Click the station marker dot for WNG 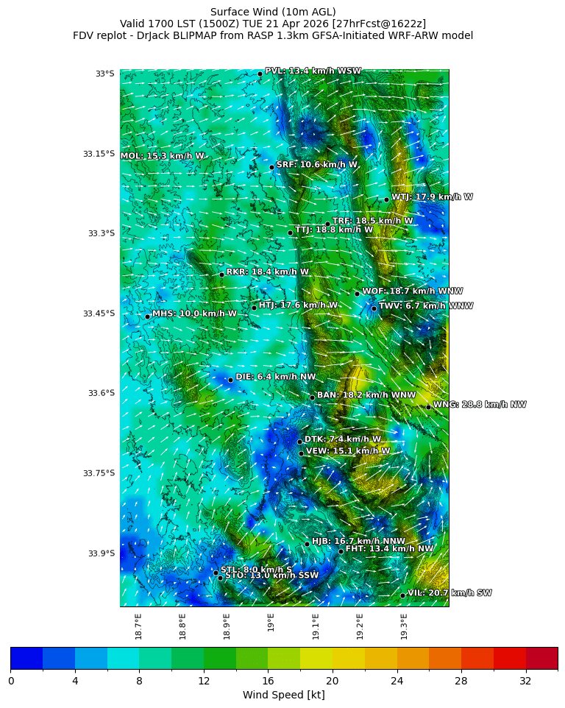coord(428,407)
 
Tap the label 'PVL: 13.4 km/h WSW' coord(313,71)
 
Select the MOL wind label coord(162,156)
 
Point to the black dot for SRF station coord(271,167)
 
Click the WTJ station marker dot coord(386,199)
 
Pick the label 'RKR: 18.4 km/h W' coord(267,272)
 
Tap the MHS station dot coord(147,316)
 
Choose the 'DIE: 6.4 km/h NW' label coord(275,377)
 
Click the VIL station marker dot coord(402,595)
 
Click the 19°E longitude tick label coord(271,623)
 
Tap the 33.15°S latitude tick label coord(99,154)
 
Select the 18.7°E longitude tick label coord(138,626)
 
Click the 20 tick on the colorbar coord(333,681)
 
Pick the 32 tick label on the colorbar coord(525,681)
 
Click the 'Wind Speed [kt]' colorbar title coord(283,695)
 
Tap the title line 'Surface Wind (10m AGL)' coord(273,12)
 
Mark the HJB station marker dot coord(307,544)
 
